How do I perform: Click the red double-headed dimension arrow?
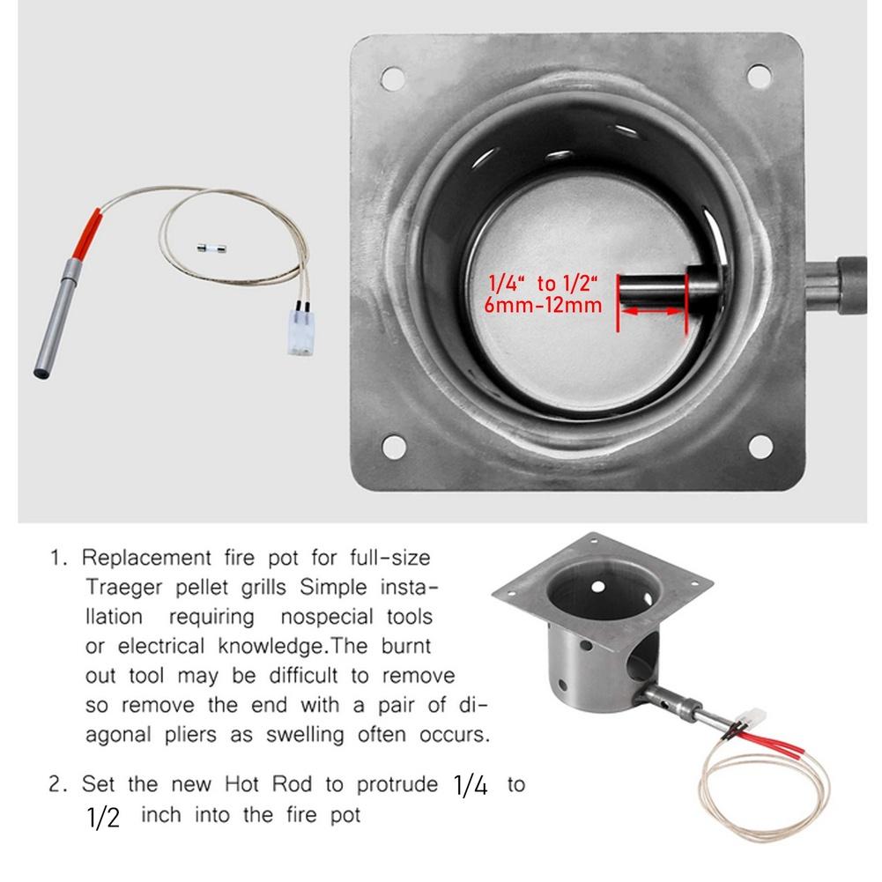click(x=652, y=312)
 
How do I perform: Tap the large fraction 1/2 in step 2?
click(x=103, y=815)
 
